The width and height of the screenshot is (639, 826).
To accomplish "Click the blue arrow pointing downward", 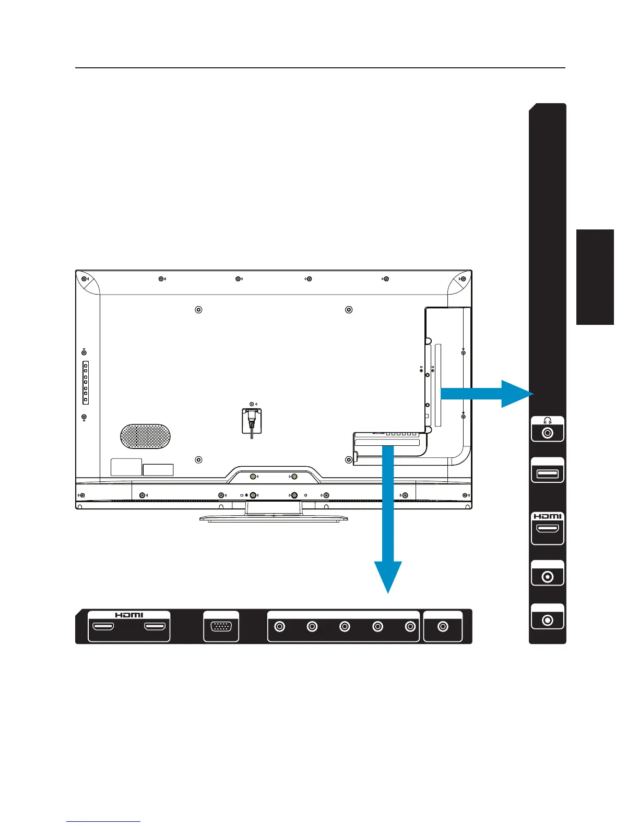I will [x=388, y=521].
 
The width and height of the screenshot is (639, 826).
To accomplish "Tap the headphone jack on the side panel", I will [x=547, y=433].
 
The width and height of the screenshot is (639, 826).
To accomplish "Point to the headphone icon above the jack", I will [x=547, y=421].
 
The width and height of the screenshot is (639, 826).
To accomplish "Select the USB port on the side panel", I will [x=547, y=474].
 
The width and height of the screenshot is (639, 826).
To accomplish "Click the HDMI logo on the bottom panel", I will [x=129, y=615].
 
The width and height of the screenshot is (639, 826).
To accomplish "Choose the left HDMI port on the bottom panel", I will [x=103, y=627].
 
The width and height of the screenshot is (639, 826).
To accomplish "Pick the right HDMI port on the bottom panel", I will [x=155, y=627].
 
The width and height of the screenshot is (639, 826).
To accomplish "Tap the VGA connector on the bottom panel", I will [x=221, y=627].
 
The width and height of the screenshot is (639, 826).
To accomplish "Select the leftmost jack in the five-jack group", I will [x=280, y=627].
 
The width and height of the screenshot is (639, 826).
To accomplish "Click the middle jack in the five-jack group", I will [x=345, y=627].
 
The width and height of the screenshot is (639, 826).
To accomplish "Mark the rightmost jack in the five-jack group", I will [x=410, y=627].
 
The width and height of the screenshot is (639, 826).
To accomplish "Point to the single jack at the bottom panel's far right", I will [x=443, y=627].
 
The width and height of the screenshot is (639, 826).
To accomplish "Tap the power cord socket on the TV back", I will [x=252, y=420].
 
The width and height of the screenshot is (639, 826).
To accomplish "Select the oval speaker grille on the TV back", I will [x=145, y=435].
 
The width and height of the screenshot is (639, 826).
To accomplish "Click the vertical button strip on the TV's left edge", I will [x=86, y=382].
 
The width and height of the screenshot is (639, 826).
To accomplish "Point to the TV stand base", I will [x=274, y=518].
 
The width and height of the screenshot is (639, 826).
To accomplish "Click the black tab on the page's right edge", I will [x=595, y=276].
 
